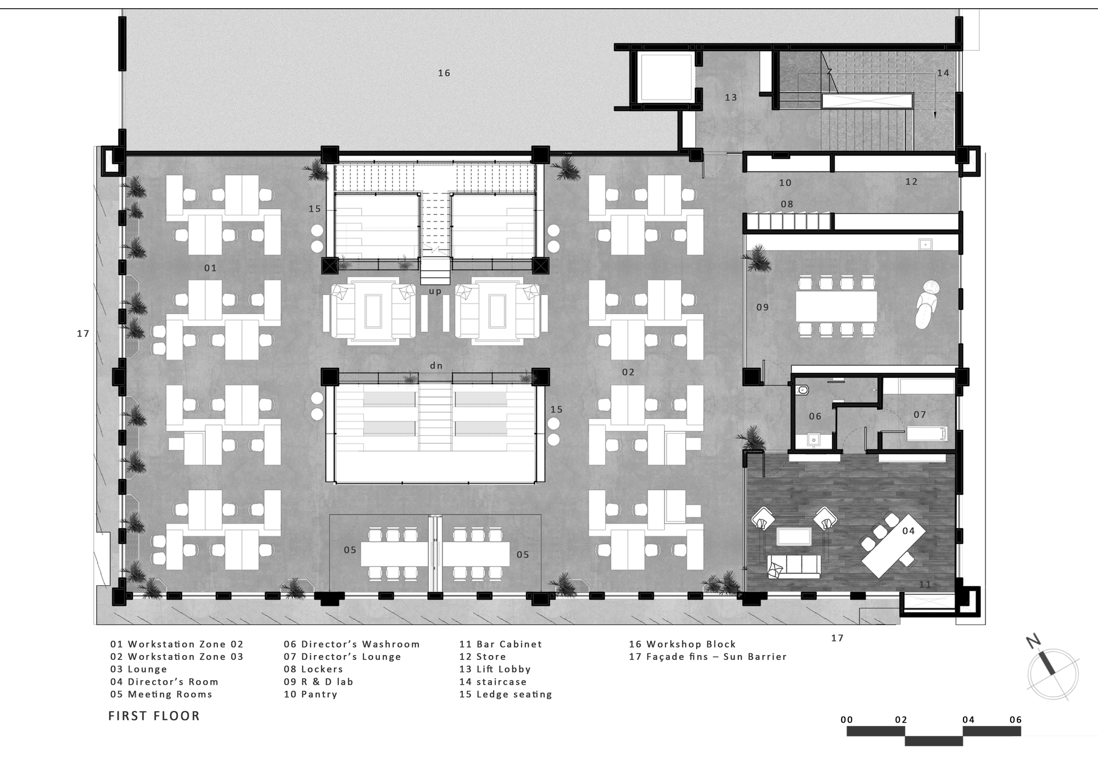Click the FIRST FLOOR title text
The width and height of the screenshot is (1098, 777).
[154, 716]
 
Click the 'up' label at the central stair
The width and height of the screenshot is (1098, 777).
[435, 291]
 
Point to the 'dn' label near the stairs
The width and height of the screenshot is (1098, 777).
[436, 365]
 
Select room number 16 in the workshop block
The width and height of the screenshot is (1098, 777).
[444, 73]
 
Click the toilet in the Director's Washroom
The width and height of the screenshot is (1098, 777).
[803, 390]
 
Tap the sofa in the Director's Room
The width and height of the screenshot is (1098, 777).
[794, 567]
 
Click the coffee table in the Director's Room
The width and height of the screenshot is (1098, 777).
[794, 536]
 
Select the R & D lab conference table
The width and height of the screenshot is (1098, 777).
[836, 307]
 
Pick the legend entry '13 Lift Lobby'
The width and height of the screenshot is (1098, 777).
[495, 669]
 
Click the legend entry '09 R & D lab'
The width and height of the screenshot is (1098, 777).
[318, 682]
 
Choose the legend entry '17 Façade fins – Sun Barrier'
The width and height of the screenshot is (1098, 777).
[708, 657]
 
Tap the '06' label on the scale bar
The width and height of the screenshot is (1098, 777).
[1015, 719]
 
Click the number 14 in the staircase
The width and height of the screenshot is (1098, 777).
[943, 73]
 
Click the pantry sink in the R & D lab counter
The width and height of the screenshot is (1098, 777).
[926, 243]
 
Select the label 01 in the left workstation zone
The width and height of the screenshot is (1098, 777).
[210, 268]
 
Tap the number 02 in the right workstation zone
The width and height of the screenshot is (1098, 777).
[628, 373]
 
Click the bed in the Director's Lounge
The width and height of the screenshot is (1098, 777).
[927, 434]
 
